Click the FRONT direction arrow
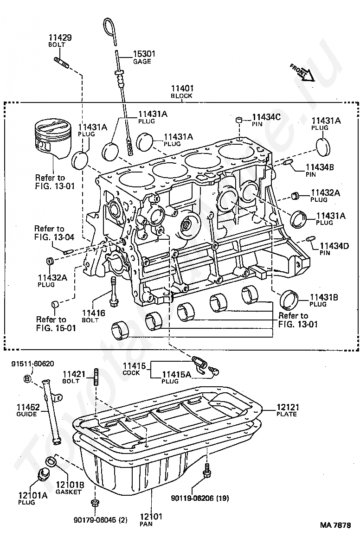point(301,71)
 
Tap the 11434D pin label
point(335,246)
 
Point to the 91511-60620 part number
point(32,364)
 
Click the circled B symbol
point(27,379)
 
